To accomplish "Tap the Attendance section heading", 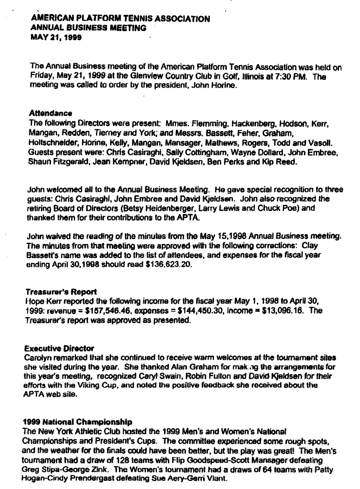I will click(50, 114).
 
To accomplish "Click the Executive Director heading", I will click(59, 348).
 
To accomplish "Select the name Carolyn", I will click(41, 358).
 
